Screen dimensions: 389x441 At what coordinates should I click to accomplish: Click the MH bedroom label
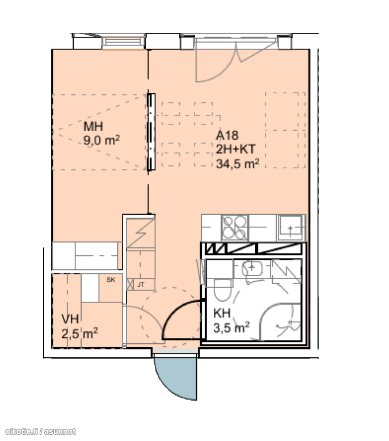tap(94, 126)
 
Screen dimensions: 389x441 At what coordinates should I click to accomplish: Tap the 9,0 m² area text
tap(102, 140)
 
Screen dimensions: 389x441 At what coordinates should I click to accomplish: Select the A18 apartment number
tap(227, 135)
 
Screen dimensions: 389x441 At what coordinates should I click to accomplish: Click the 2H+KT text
tap(235, 149)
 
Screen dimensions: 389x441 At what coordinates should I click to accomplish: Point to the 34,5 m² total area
tap(238, 164)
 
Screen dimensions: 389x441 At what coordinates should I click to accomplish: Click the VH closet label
tap(70, 319)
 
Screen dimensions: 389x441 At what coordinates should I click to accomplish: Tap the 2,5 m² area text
tap(79, 333)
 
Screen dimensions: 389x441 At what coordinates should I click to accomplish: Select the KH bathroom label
tap(222, 313)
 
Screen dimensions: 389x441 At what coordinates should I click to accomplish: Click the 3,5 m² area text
tap(231, 328)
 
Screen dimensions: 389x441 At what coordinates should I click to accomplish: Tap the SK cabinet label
tap(111, 280)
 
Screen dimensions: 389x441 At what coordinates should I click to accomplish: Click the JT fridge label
tap(141, 285)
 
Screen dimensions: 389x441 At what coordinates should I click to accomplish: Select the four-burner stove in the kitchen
tap(235, 228)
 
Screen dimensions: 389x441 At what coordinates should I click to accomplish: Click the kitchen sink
tap(291, 227)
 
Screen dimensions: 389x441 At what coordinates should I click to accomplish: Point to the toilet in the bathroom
tap(223, 290)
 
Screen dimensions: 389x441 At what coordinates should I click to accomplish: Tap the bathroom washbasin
tap(252, 268)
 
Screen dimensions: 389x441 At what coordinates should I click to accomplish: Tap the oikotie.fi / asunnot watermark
tap(41, 431)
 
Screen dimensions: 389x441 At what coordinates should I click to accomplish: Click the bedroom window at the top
tap(124, 42)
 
